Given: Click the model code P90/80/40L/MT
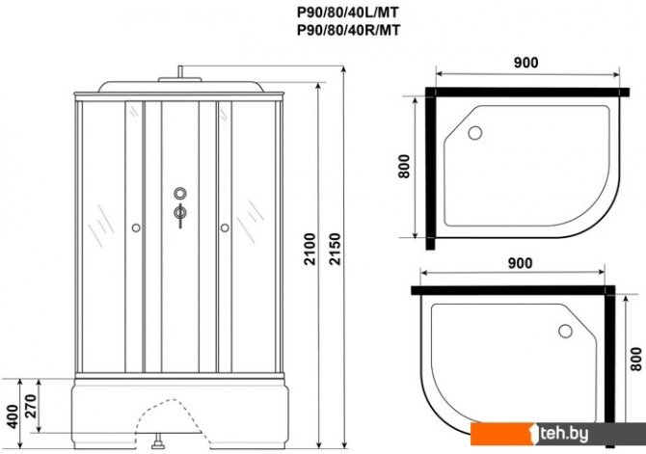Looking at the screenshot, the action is click(x=348, y=13).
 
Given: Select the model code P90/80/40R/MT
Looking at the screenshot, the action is click(x=348, y=31).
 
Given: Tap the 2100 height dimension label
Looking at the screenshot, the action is click(x=310, y=250).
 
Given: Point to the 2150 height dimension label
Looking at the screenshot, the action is click(x=336, y=250).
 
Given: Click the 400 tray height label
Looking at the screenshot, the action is click(x=13, y=416).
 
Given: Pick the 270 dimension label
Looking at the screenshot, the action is click(x=31, y=406).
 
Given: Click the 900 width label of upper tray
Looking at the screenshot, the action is click(x=525, y=63).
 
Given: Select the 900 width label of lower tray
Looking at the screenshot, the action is click(x=520, y=263).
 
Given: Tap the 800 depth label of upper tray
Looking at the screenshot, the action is click(x=404, y=166).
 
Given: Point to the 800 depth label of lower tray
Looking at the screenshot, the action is click(x=636, y=359).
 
